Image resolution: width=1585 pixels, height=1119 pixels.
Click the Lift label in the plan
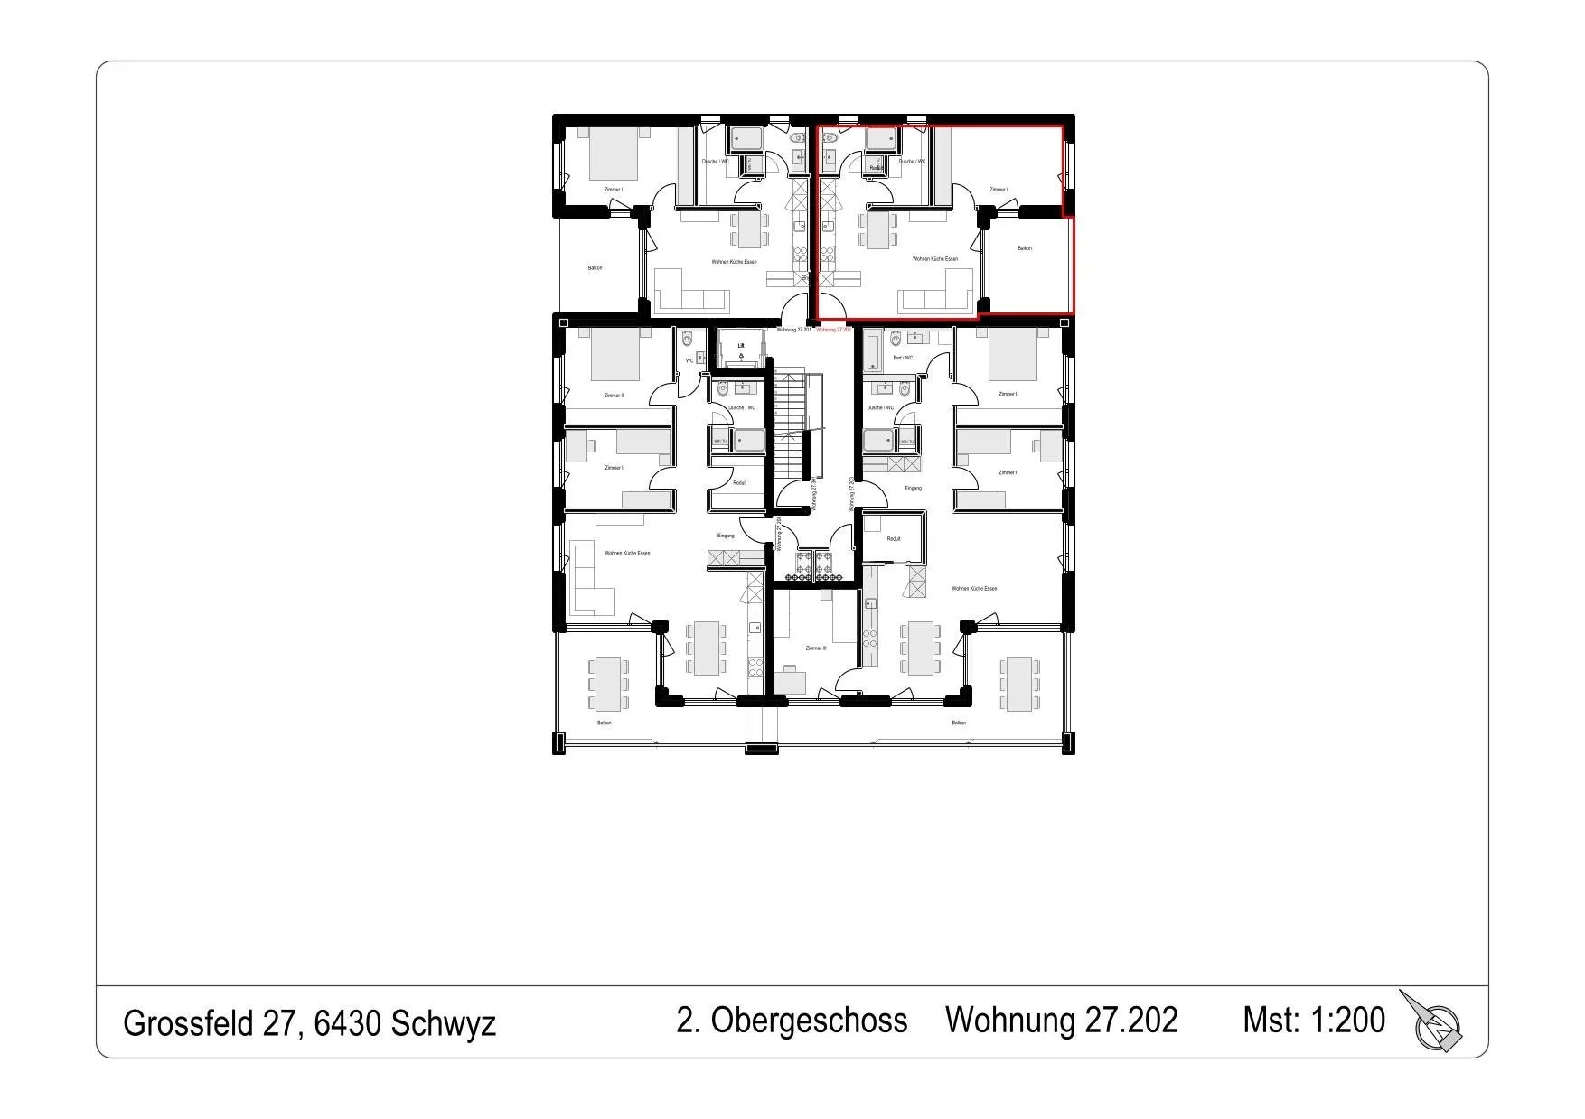pos(741,345)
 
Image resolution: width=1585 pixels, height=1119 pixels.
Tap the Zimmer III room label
pos(815,648)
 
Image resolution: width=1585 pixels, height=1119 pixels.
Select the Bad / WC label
pos(903,359)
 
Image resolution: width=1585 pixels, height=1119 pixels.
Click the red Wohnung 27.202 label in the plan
pos(834,331)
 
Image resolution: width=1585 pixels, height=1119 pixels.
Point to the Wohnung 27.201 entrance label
pos(792,331)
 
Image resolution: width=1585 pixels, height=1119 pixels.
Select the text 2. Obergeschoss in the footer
pos(792,1020)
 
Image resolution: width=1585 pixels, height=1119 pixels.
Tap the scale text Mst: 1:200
pos(1313,1020)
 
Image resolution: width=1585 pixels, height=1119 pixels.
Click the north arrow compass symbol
pos(1434,1023)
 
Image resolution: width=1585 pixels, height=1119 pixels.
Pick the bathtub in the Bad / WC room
pos(873,351)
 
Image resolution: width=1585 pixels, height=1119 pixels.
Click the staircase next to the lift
pos(791,420)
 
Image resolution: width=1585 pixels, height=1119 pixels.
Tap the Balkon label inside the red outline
pos(1024,248)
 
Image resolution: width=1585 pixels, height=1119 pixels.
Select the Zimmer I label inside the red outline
pos(999,190)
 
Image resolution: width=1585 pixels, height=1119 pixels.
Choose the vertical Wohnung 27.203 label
pos(851,494)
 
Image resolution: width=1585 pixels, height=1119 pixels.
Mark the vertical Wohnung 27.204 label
pos(778,534)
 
